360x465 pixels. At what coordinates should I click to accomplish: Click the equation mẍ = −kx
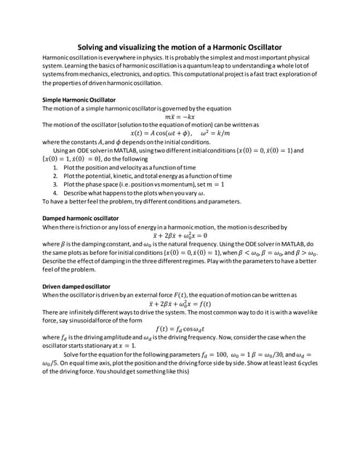pyautogui.click(x=180, y=117)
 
